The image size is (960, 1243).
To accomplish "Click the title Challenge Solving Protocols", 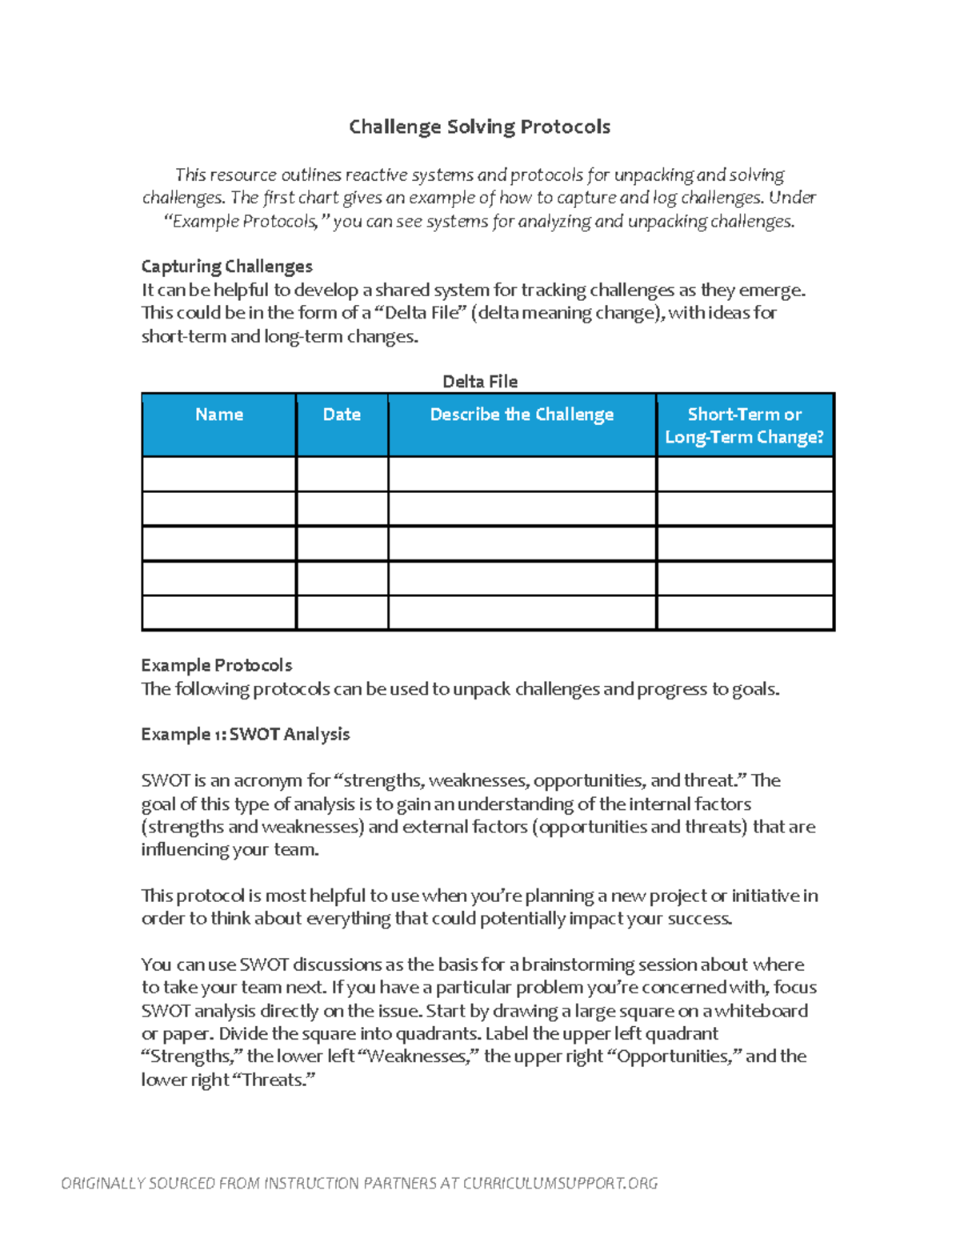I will (x=479, y=126).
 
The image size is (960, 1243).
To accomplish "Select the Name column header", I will (x=218, y=415).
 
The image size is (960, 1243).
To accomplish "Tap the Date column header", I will (x=342, y=415).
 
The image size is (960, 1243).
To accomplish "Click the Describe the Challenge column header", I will (x=522, y=415).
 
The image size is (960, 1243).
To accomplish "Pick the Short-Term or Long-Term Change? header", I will (x=744, y=426).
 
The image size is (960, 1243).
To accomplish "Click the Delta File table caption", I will (x=480, y=382).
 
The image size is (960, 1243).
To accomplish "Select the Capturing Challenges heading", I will (x=226, y=267).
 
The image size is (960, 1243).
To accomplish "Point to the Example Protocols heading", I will (x=217, y=665).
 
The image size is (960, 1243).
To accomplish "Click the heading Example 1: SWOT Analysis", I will (x=246, y=734).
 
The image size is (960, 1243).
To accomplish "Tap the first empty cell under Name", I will (x=218, y=474).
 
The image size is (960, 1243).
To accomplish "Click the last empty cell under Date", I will (x=342, y=613).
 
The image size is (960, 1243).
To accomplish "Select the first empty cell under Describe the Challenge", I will (x=522, y=474).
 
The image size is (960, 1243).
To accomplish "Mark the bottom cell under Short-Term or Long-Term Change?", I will (x=744, y=613).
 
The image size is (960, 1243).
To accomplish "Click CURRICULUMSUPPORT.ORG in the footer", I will (x=560, y=1183).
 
